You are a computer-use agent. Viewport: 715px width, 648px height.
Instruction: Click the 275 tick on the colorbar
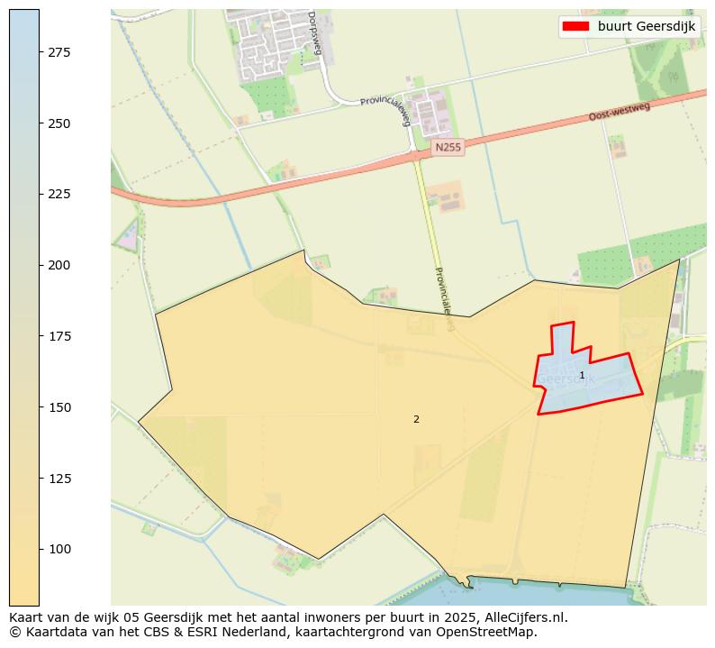(59, 53)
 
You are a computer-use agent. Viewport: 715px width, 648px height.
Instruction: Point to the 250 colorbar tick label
(59, 123)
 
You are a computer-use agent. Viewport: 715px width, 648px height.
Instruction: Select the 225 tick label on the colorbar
(59, 195)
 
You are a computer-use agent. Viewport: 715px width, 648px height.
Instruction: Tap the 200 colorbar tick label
(59, 265)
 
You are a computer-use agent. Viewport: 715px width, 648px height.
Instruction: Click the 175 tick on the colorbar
(59, 336)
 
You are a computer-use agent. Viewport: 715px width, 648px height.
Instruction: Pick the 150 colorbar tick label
(59, 407)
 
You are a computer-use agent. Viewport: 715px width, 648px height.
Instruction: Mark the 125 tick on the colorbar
(59, 478)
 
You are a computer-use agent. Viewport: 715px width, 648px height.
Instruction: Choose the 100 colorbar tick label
(59, 549)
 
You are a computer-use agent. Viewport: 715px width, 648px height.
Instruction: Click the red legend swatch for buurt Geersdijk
(575, 26)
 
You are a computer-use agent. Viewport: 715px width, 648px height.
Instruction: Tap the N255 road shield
(448, 147)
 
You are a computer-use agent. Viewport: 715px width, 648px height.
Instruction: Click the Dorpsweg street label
(313, 32)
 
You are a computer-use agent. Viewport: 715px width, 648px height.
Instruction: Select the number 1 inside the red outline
(582, 375)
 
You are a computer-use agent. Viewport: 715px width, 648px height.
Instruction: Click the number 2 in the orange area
(416, 419)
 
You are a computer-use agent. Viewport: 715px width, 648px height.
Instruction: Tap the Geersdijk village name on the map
(566, 379)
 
